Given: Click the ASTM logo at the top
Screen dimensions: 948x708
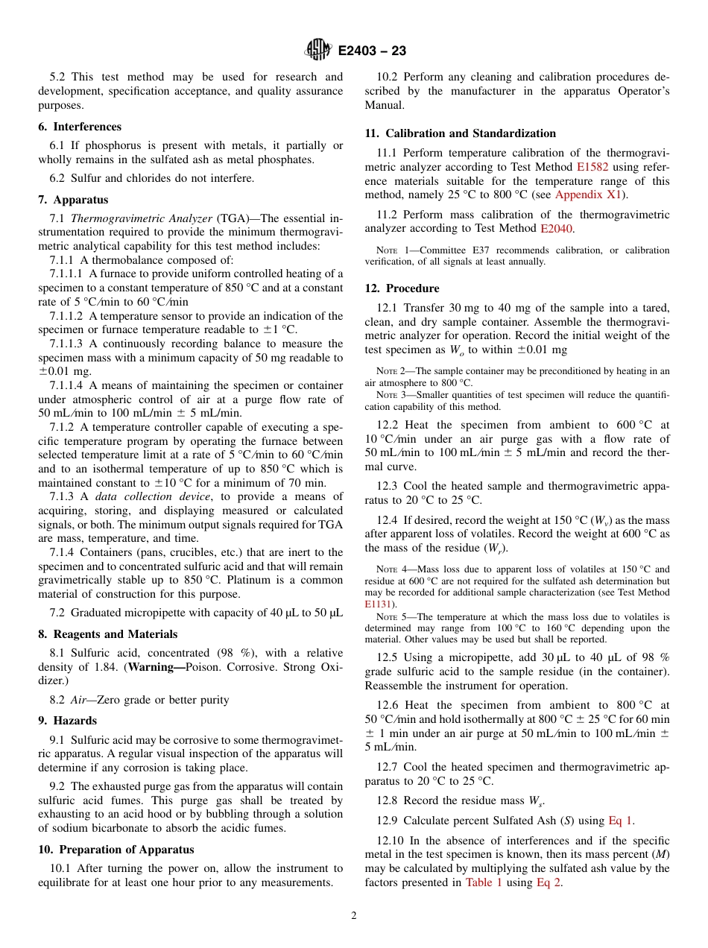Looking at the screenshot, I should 318,51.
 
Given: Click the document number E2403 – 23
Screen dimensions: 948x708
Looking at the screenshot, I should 372,51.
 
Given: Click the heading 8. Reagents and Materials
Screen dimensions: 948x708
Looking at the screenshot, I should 108,634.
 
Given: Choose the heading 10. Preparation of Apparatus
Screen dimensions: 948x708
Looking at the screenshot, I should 116,850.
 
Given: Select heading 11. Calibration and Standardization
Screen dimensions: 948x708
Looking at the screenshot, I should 460,133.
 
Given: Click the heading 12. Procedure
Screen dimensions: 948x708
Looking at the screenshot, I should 402,288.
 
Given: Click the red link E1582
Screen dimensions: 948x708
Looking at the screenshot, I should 592,168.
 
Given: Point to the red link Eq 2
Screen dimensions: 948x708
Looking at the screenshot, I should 549,882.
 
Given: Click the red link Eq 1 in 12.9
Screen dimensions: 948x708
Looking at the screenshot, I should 621,821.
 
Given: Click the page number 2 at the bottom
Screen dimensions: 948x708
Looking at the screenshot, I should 354,916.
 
